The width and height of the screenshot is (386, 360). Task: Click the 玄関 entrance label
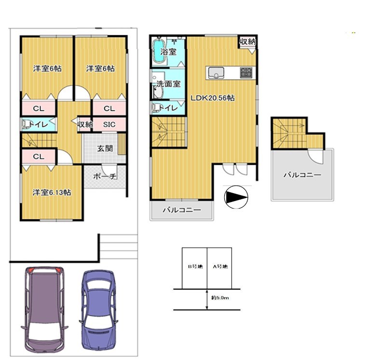click(x=105, y=148)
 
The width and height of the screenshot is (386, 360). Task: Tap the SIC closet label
click(x=110, y=124)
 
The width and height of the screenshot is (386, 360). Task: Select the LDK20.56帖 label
click(x=213, y=98)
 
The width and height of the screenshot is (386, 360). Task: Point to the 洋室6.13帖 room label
click(x=52, y=192)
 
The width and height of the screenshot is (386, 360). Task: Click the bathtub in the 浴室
click(x=159, y=51)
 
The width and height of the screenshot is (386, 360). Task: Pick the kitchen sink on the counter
click(x=216, y=73)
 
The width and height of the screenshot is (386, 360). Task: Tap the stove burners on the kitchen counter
click(x=246, y=73)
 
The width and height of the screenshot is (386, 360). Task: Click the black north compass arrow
click(x=236, y=197)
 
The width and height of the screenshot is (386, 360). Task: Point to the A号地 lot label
click(x=220, y=267)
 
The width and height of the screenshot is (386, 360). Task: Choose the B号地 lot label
click(x=195, y=267)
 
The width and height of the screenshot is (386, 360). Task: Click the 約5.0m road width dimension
click(x=220, y=298)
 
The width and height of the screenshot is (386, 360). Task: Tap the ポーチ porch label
click(x=105, y=176)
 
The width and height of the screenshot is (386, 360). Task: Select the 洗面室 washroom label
click(x=168, y=84)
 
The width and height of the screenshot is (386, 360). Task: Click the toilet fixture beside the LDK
click(x=156, y=108)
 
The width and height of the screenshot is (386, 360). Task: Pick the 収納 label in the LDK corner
click(x=248, y=41)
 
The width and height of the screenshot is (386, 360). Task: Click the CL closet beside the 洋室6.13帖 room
click(x=39, y=157)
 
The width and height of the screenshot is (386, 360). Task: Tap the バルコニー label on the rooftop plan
click(x=303, y=175)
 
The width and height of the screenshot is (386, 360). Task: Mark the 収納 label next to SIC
click(x=85, y=124)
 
